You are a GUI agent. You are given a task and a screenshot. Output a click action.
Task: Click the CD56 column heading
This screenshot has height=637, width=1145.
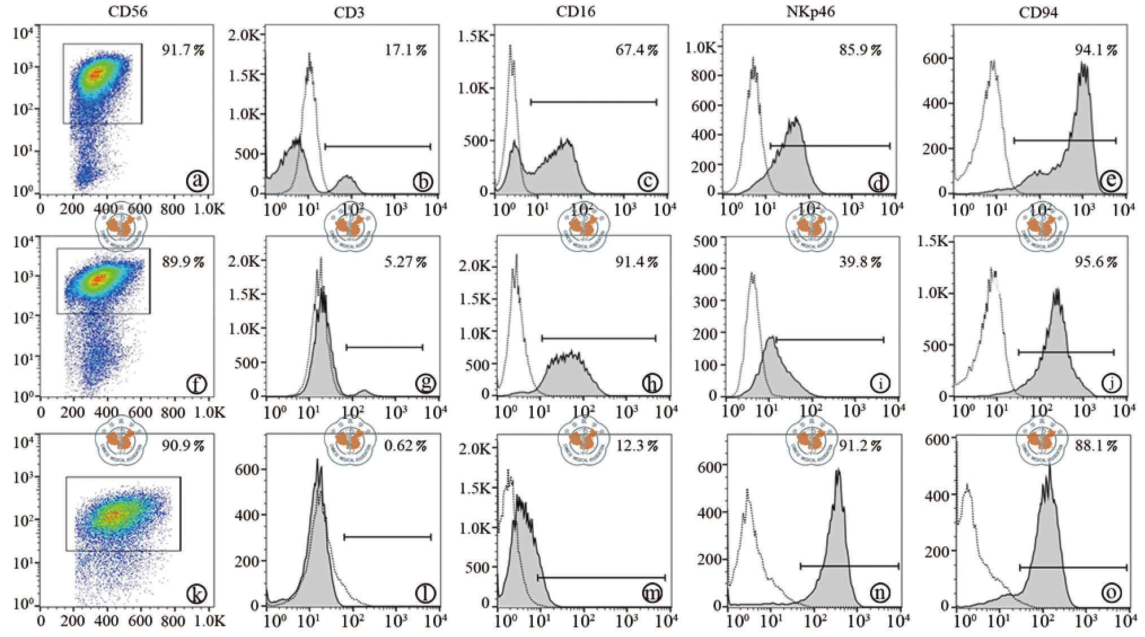tap(128, 11)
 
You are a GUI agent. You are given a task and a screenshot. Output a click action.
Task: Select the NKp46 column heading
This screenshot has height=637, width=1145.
tap(810, 11)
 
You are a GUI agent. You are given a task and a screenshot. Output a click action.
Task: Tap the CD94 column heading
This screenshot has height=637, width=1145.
tap(1038, 12)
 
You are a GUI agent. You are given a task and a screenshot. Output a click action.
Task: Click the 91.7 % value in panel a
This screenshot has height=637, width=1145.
tap(183, 50)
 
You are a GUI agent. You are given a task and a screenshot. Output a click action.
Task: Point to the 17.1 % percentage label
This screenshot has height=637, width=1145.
tap(405, 50)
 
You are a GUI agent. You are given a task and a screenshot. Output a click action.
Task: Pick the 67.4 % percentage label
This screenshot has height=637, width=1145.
tap(637, 50)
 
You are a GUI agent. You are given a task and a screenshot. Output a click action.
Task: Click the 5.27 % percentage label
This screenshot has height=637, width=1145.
tap(405, 262)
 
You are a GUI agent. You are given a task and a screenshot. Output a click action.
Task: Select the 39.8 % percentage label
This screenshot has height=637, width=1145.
tap(859, 262)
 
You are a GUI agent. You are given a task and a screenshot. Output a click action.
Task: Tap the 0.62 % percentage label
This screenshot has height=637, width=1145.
tap(405, 446)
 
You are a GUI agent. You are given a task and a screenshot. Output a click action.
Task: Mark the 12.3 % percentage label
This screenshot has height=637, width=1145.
tap(637, 446)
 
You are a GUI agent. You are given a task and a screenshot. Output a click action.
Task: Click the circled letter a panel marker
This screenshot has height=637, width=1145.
tap(198, 180)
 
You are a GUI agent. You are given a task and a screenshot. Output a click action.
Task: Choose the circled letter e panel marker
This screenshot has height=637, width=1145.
tap(1111, 180)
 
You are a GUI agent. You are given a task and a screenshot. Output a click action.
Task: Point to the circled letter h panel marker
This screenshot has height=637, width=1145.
tap(652, 383)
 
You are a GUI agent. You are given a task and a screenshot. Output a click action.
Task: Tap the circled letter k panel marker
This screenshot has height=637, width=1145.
tap(196, 592)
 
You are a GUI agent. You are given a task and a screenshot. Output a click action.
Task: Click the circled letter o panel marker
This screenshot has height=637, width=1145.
tap(1111, 592)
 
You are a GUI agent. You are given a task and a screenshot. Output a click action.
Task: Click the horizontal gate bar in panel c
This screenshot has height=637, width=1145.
tap(593, 102)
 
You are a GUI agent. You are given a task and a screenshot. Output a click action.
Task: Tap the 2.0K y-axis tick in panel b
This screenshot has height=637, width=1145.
tap(244, 36)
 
